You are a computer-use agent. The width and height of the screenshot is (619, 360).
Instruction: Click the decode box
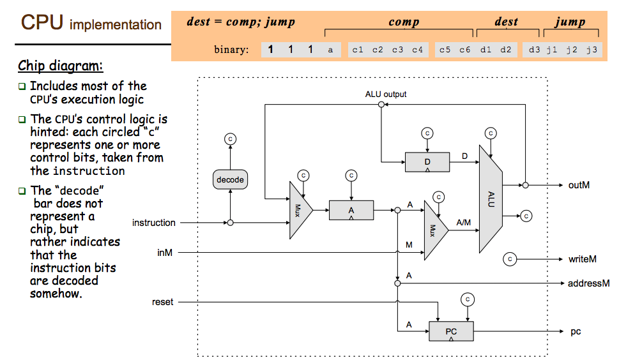230,179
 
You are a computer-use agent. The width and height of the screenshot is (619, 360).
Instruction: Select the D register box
427,162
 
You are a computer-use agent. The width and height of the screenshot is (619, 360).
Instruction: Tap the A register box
351,210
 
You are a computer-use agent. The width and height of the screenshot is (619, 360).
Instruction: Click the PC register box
451,331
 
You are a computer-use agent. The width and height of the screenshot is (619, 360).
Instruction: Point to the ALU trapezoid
491,199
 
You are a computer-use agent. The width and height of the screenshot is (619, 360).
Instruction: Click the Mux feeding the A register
301,210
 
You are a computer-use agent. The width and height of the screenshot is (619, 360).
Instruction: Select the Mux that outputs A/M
436,230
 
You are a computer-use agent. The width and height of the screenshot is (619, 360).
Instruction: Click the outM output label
579,185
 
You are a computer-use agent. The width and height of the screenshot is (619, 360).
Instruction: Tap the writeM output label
583,259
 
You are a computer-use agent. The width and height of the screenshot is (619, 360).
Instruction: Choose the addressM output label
588,283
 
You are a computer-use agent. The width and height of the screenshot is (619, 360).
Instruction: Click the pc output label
576,332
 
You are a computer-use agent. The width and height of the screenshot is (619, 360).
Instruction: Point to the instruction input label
153,223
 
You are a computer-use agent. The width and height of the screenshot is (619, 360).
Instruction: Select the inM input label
165,252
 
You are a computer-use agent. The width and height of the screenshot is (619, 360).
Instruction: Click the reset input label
163,302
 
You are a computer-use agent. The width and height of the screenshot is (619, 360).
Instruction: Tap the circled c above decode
230,139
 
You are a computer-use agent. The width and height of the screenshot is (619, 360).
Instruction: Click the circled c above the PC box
468,299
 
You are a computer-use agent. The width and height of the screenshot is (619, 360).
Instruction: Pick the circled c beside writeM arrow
510,259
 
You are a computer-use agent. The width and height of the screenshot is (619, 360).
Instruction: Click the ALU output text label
386,94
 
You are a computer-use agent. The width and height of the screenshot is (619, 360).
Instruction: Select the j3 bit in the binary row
592,50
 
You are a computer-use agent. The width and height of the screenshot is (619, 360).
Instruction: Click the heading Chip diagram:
61,66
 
